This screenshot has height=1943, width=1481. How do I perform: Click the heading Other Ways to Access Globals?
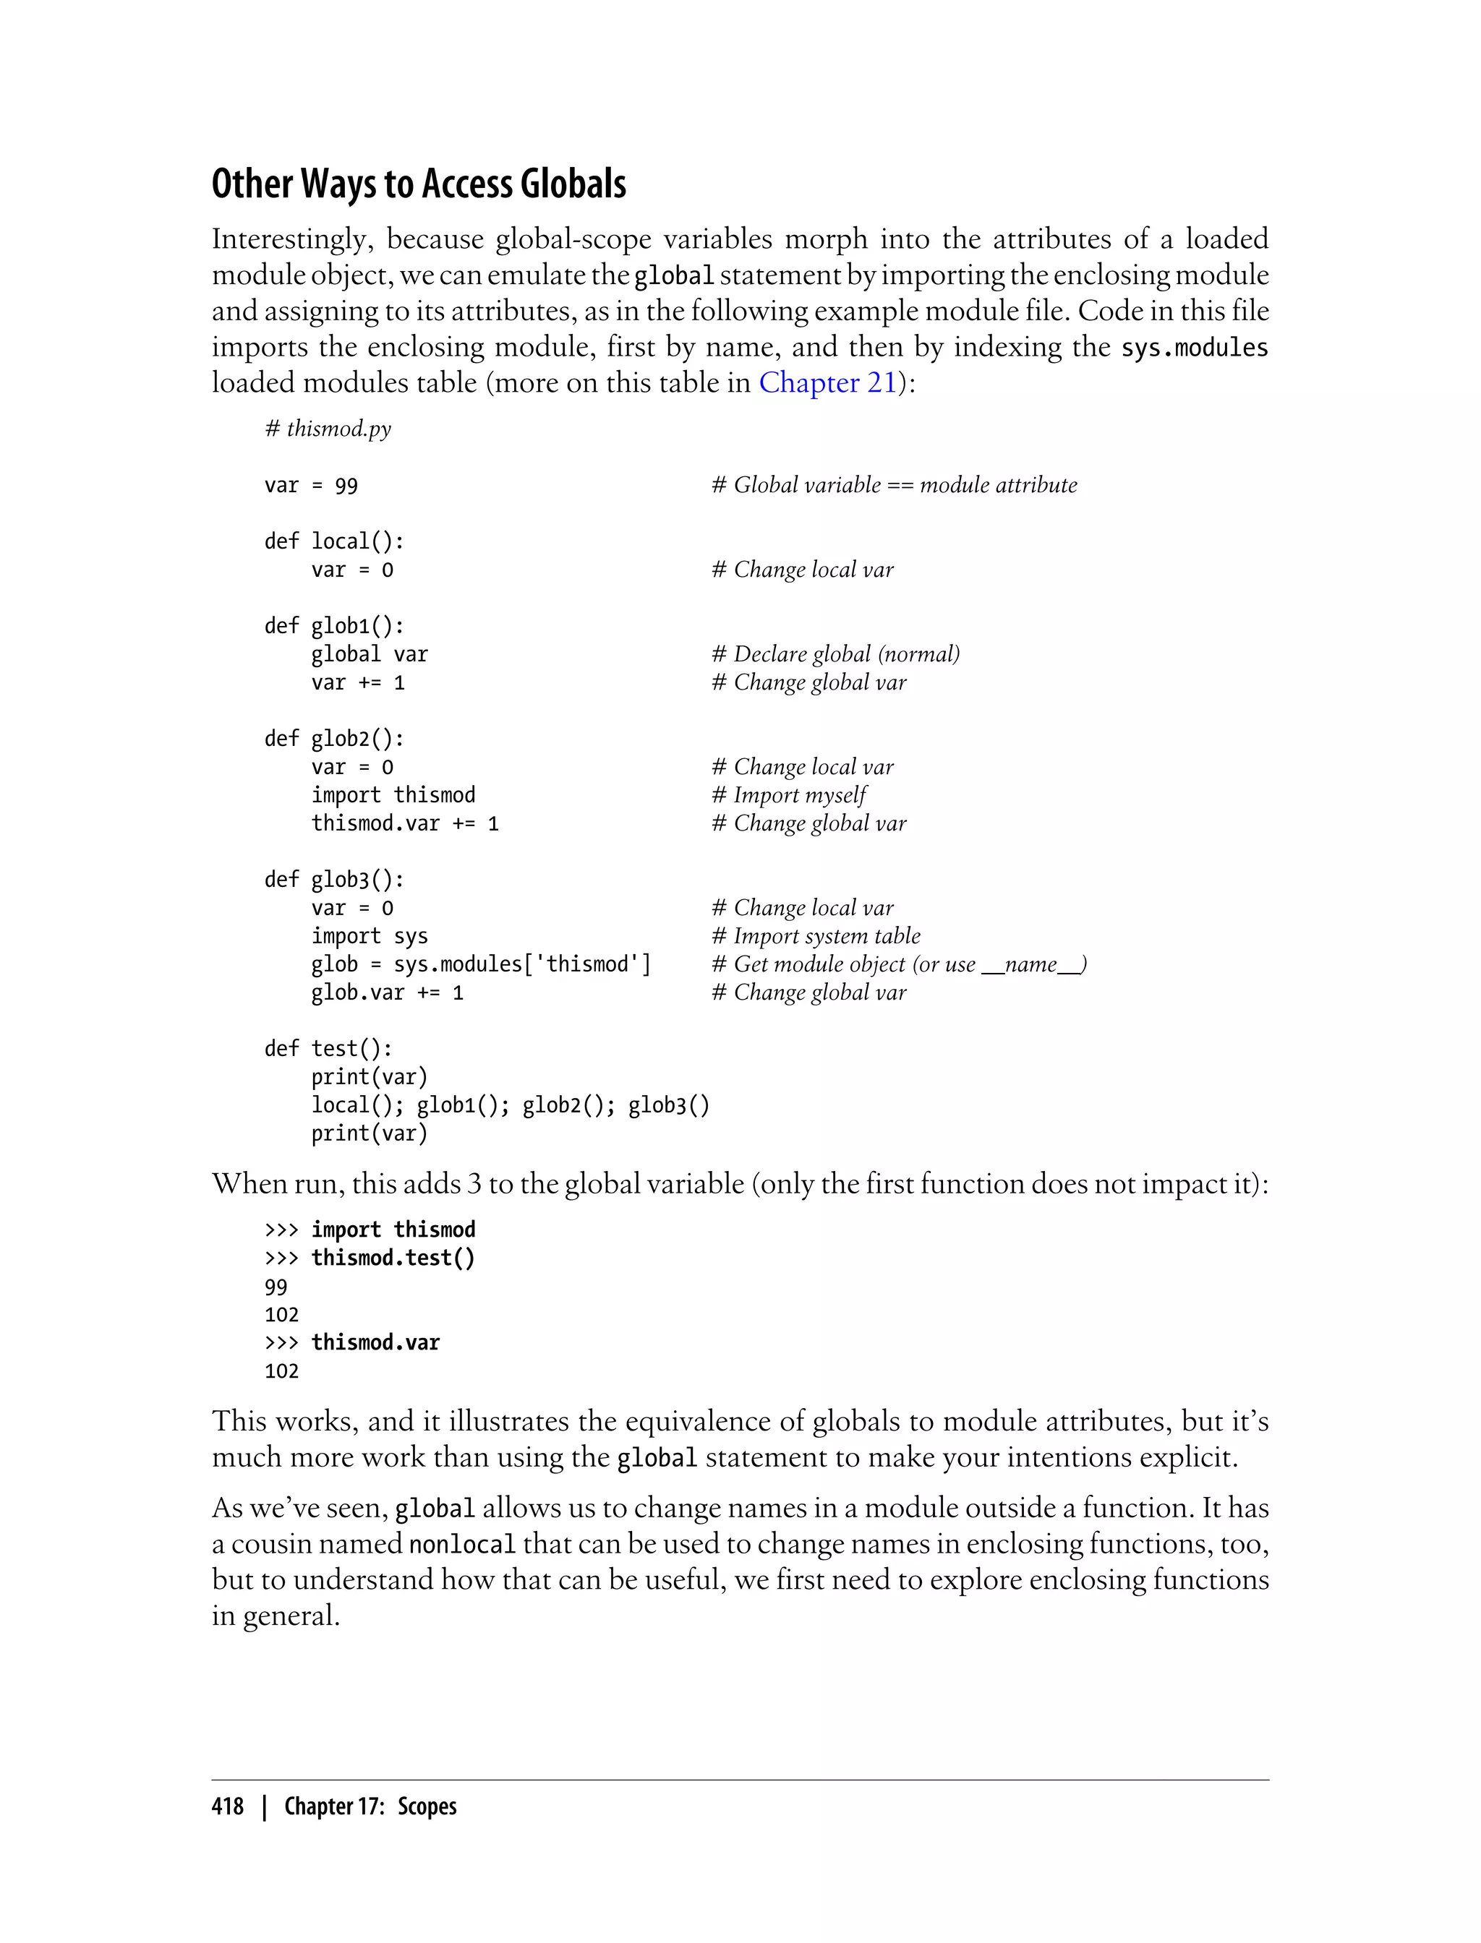point(419,184)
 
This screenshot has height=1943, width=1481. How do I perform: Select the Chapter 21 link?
point(827,382)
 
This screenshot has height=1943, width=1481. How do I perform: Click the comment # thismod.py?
point(327,429)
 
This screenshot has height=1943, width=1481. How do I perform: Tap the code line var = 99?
point(310,486)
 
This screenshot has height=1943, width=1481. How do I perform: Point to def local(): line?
point(334,541)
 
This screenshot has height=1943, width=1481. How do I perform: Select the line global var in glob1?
point(369,654)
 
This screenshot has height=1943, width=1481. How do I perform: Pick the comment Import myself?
point(789,795)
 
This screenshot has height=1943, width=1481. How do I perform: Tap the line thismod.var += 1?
point(405,823)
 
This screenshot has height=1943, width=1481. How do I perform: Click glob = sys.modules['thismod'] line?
point(480,964)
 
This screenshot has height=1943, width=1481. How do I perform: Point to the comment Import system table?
point(816,936)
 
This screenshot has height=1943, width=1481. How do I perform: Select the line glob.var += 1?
point(387,992)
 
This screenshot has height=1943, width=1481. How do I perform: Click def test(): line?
point(328,1049)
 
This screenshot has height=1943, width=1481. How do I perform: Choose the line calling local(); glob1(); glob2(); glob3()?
point(510,1105)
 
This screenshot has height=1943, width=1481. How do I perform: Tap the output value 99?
point(276,1287)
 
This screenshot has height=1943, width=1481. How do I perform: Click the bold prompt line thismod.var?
point(375,1342)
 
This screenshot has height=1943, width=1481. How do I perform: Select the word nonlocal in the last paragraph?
point(462,1545)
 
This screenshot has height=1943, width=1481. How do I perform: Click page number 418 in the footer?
point(228,1806)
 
